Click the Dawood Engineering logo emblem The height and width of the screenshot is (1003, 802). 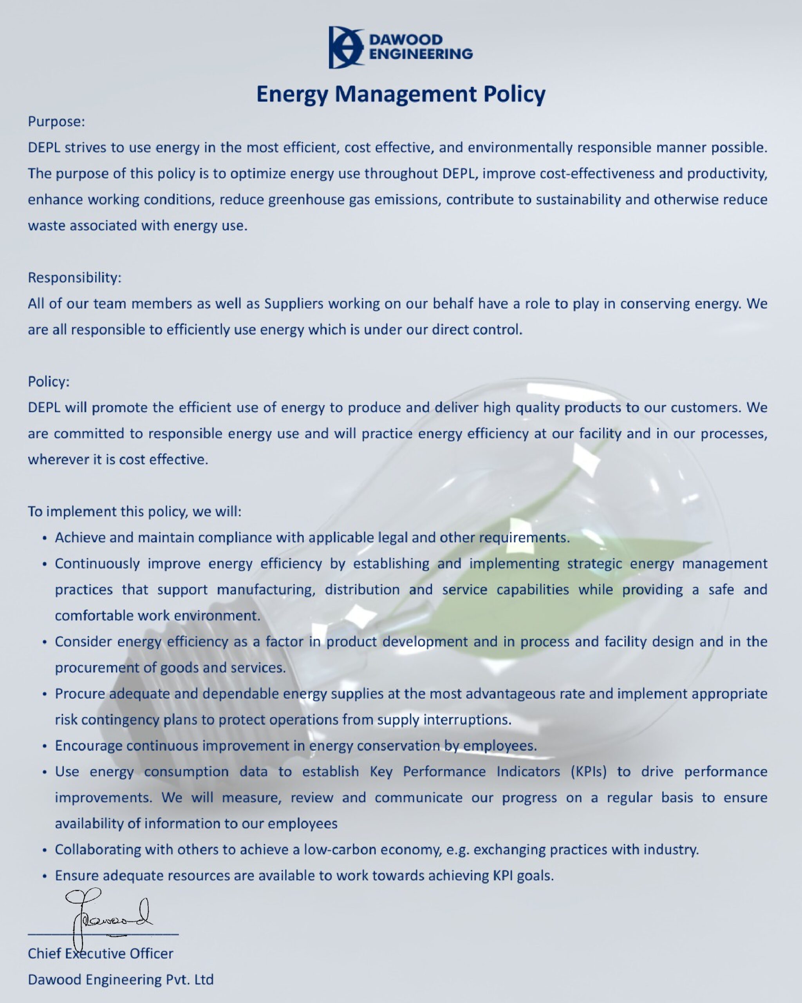[345, 47]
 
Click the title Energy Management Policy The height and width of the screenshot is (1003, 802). [401, 94]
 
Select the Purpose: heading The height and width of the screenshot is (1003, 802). [56, 121]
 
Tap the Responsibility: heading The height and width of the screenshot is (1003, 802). [74, 278]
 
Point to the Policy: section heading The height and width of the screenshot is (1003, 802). [48, 382]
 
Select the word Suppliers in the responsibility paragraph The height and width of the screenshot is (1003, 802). [294, 304]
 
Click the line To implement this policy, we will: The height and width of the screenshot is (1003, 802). [134, 512]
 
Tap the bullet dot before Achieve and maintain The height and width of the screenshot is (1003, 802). [45, 539]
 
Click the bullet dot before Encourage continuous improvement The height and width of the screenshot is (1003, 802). [45, 747]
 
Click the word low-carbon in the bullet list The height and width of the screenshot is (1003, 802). [340, 850]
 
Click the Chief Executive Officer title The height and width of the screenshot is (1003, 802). [100, 954]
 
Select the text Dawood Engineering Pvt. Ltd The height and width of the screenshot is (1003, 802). [120, 980]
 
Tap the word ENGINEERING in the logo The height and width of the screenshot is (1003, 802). [421, 54]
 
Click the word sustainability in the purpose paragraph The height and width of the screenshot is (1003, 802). [578, 199]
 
